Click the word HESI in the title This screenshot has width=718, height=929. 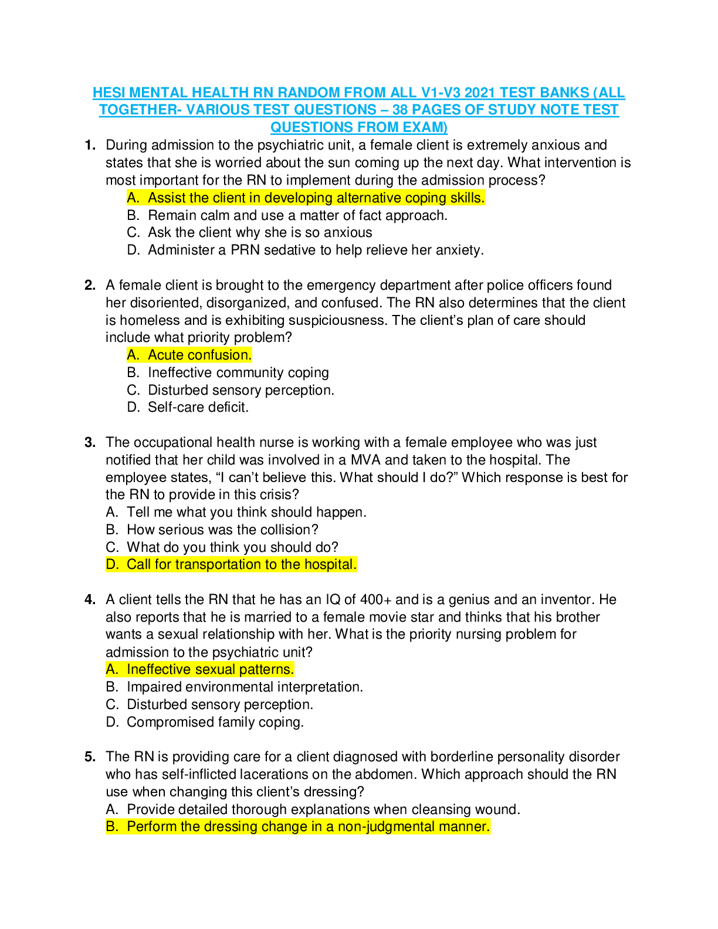109,93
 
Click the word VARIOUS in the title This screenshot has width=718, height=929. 217,110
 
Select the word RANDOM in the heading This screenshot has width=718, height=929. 309,93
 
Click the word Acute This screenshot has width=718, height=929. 166,355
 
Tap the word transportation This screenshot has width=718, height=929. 218,565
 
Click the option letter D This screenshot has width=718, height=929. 111,565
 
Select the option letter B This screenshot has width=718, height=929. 111,827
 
